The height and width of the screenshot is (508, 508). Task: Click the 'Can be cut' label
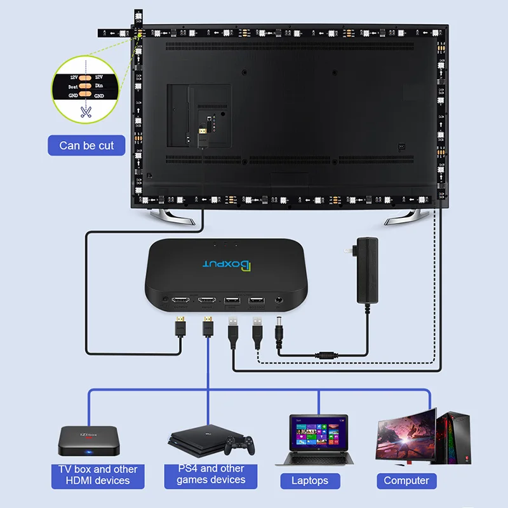pos(86,145)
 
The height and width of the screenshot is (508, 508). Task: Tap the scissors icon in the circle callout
pos(86,112)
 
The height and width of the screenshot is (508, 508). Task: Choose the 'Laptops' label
pos(310,481)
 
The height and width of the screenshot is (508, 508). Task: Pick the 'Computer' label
pos(406,481)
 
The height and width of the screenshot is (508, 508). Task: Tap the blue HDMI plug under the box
pos(208,328)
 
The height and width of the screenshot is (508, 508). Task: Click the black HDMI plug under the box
pos(180,326)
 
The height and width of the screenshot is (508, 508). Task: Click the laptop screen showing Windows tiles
pos(319,432)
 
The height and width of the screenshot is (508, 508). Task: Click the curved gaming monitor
pos(406,432)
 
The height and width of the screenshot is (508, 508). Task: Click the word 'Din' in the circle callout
pos(99,86)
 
